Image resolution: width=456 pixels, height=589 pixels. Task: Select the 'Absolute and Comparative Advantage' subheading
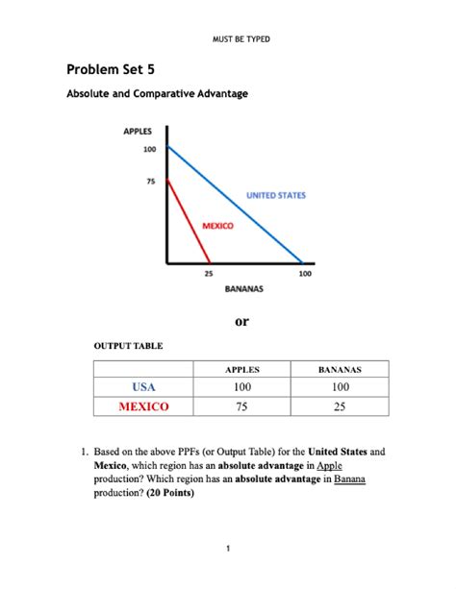(x=156, y=94)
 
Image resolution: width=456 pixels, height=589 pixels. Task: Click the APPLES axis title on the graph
(x=139, y=133)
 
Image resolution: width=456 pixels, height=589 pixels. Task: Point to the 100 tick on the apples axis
(x=148, y=149)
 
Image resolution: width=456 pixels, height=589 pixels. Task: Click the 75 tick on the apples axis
(x=151, y=179)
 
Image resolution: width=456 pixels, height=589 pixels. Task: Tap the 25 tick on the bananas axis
(x=210, y=273)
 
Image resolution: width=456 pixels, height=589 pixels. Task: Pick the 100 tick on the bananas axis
(x=304, y=273)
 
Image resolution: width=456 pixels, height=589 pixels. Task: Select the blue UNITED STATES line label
(x=276, y=195)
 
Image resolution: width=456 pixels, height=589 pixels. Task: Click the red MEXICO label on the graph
(x=218, y=226)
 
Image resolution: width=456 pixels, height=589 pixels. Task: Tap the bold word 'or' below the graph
(x=241, y=321)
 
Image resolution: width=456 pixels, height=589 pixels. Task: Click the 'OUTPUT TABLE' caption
(x=127, y=345)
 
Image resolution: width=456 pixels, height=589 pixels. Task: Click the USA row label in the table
(x=143, y=386)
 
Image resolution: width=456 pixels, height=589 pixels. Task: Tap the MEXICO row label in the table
(x=143, y=405)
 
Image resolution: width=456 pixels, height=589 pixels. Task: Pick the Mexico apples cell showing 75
(x=241, y=405)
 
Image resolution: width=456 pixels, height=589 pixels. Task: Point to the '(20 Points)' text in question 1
(x=170, y=493)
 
